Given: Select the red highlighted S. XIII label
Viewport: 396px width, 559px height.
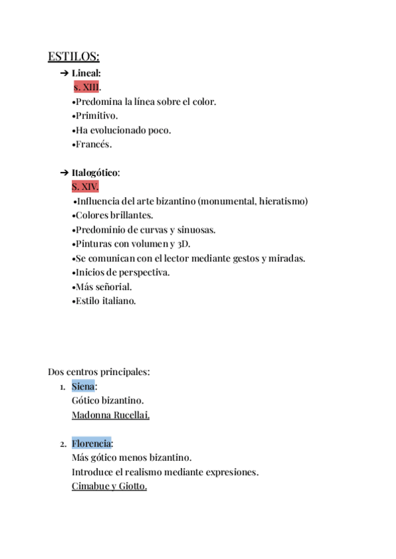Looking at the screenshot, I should click(86, 87).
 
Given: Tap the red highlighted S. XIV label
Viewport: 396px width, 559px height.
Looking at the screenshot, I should click(85, 187).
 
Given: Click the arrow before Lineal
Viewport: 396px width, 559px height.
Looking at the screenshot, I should click(64, 73).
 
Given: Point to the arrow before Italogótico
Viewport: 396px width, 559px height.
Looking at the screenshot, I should click(64, 173).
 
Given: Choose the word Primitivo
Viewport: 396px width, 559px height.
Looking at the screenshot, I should click(98, 116).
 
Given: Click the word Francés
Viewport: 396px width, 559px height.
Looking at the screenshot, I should click(94, 144).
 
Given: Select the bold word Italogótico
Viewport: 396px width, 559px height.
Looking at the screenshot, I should click(95, 173).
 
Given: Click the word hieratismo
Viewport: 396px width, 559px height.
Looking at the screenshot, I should click(283, 201).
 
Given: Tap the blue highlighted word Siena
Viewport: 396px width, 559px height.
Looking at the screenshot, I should click(83, 386).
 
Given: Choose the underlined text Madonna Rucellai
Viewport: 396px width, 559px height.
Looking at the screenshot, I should click(110, 415).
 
